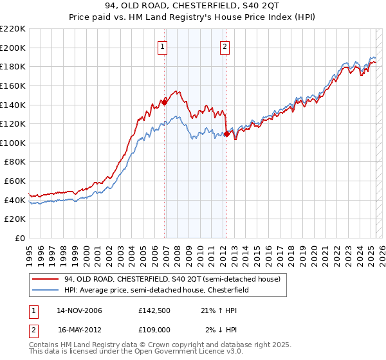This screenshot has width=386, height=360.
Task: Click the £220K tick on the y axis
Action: click(x=12, y=29)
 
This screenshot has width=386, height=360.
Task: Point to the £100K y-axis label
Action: click(x=12, y=143)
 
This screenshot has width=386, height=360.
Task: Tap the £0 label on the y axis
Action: click(x=19, y=238)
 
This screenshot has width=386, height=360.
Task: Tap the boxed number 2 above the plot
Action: click(x=225, y=46)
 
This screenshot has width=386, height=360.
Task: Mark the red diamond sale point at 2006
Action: click(x=164, y=102)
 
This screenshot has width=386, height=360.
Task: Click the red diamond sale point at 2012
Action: click(x=227, y=134)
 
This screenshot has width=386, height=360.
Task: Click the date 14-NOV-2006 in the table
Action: click(x=80, y=311)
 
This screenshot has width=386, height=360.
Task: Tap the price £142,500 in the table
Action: click(x=154, y=311)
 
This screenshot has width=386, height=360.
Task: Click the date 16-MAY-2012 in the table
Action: click(x=80, y=329)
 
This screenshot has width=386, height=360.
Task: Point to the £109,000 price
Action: click(x=154, y=329)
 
